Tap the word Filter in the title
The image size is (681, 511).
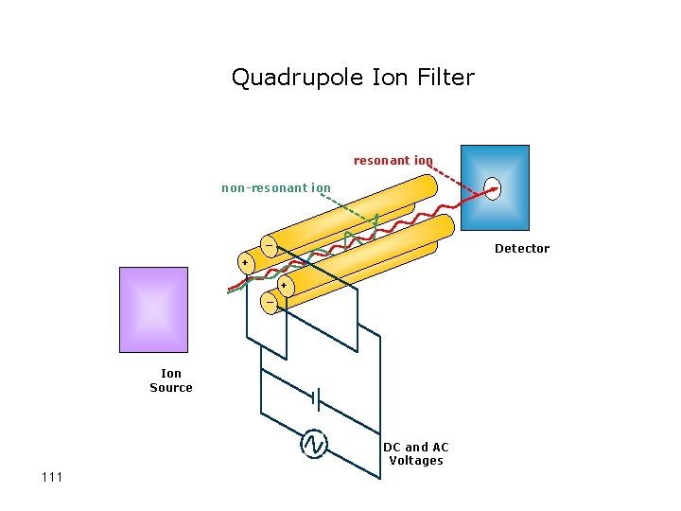[444, 77]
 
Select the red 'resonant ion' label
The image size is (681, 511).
[393, 160]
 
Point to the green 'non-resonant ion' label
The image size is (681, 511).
[276, 187]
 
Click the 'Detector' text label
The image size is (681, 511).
[521, 249]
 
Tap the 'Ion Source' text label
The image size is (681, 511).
[171, 380]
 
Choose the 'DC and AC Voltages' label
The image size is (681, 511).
[416, 453]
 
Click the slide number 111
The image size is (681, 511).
[52, 476]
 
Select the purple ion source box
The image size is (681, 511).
[154, 309]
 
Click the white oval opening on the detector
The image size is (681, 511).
[492, 188]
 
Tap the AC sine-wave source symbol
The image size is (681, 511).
[313, 444]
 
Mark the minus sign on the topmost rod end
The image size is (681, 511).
[270, 246]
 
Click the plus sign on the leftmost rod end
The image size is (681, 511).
[245, 262]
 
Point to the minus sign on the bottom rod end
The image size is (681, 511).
[270, 303]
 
